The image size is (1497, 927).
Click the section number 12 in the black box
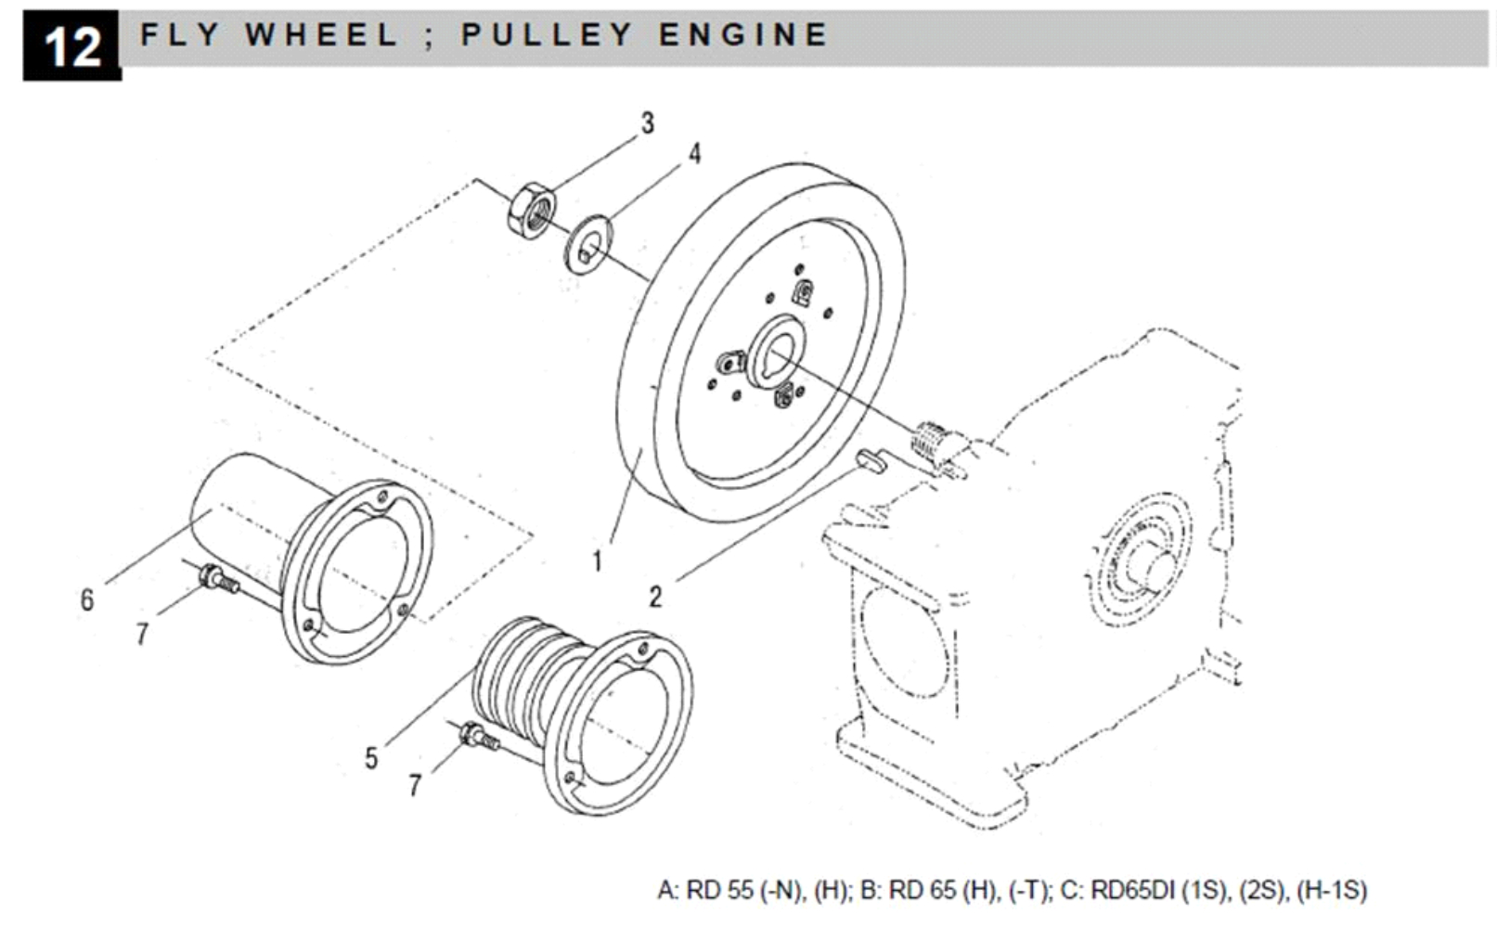(71, 45)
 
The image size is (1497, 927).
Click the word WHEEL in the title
(321, 35)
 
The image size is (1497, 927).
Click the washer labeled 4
(588, 244)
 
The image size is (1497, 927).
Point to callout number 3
(647, 122)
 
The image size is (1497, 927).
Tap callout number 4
(694, 154)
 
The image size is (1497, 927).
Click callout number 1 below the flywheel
(598, 560)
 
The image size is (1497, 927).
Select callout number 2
(655, 597)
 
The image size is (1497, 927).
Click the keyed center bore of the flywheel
(778, 352)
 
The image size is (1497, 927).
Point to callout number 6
(86, 600)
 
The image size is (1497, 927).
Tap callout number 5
(371, 758)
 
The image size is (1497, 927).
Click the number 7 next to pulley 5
(415, 786)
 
